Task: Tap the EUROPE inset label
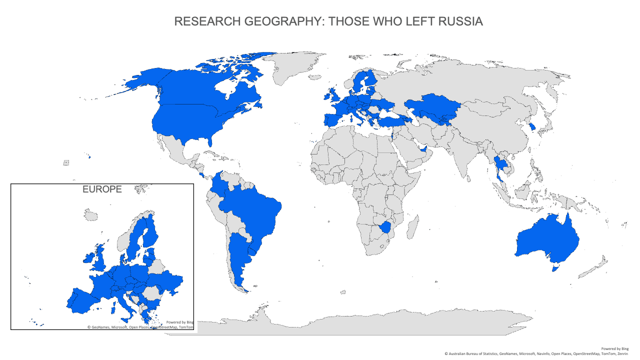click(102, 189)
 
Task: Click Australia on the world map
click(547, 240)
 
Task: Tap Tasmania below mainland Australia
click(553, 268)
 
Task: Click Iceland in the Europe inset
click(90, 215)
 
